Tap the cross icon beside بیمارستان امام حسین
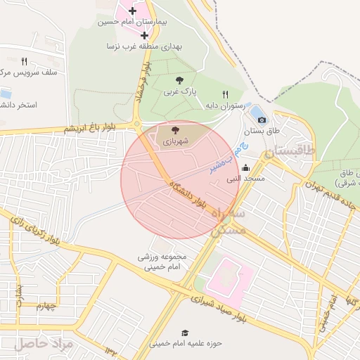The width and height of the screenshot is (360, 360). point(133,11)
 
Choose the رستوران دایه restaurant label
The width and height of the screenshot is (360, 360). point(224,105)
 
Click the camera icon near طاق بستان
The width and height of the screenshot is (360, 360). point(262,120)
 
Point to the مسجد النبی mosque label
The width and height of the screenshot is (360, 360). point(245,179)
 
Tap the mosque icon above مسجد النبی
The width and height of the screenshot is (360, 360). point(245,168)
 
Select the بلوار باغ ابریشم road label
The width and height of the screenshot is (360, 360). point(98,128)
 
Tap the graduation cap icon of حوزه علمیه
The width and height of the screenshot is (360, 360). point(185,333)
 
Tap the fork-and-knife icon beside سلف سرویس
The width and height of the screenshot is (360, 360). point(24,61)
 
